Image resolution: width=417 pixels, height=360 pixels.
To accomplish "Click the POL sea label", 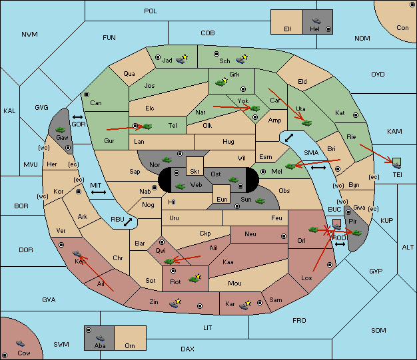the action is (x=151, y=11).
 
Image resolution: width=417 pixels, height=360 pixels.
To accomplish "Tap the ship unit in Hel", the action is (x=316, y=21).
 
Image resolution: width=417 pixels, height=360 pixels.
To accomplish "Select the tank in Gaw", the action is (x=61, y=130).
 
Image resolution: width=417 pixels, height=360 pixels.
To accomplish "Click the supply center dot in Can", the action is (x=87, y=94).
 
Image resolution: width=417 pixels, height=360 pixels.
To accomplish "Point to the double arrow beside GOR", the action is (x=78, y=117).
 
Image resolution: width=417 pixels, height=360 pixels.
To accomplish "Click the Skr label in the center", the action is (x=195, y=172).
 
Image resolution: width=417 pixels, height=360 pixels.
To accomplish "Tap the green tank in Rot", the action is (x=194, y=279).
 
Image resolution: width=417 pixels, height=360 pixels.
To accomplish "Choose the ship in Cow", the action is (x=20, y=343).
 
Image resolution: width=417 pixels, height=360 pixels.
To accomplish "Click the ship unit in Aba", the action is (x=100, y=338).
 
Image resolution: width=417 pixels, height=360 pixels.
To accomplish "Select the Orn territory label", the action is (x=130, y=345).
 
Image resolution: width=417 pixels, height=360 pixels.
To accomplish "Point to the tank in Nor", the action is (x=167, y=160).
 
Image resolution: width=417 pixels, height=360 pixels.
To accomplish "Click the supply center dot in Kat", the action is (x=356, y=115).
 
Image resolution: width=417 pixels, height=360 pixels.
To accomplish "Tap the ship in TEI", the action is (x=397, y=166).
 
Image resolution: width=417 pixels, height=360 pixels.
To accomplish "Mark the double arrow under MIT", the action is (x=99, y=192).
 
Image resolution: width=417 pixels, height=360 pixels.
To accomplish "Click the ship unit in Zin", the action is (x=174, y=304).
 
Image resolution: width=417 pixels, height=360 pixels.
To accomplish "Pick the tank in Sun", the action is (x=260, y=201).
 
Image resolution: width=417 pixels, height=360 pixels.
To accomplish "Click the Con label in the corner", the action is (x=402, y=28).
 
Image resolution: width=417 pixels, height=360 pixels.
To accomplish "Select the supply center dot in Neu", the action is (x=284, y=236).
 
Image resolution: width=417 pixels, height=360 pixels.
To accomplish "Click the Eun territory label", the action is (x=222, y=199).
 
